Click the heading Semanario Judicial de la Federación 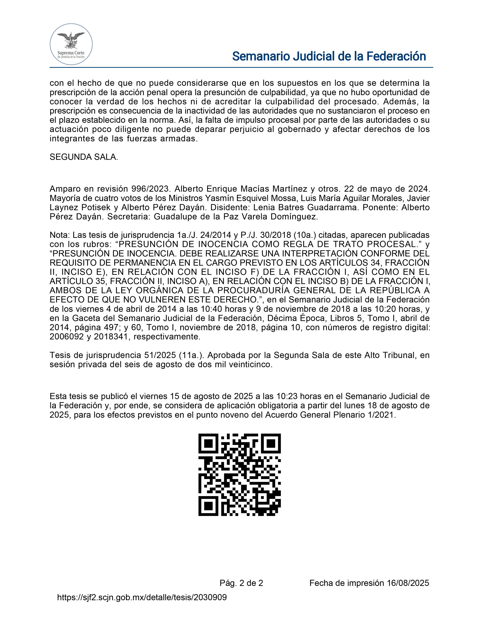(x=329, y=56)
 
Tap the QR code (x=239, y=475)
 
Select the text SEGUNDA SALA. (x=84, y=157)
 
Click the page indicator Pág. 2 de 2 (x=241, y=583)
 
